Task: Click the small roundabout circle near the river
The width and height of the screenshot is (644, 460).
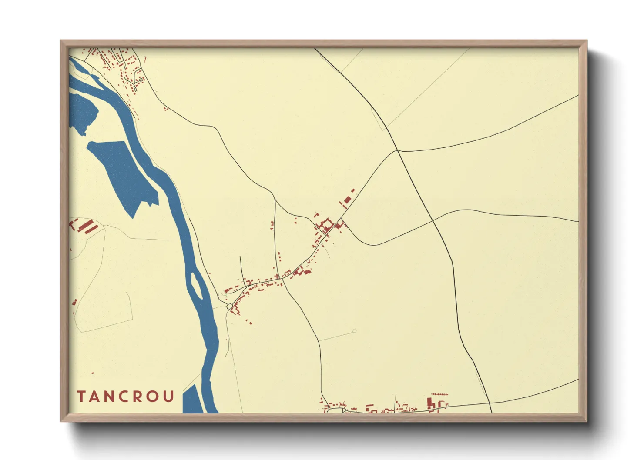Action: tap(229, 307)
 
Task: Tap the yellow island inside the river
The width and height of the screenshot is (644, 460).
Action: tap(197, 287)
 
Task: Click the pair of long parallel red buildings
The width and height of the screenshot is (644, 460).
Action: tap(89, 227)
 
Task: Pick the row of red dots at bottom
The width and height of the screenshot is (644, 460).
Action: tap(439, 394)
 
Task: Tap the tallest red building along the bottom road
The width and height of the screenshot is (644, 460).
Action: tap(429, 403)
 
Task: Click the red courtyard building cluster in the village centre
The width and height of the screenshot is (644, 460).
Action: tap(325, 226)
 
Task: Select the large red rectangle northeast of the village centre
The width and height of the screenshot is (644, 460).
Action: tap(347, 200)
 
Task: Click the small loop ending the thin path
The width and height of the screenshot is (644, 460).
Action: tap(355, 331)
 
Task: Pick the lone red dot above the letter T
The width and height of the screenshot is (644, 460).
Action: tap(92, 373)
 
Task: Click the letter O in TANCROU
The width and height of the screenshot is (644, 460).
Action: tap(154, 397)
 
